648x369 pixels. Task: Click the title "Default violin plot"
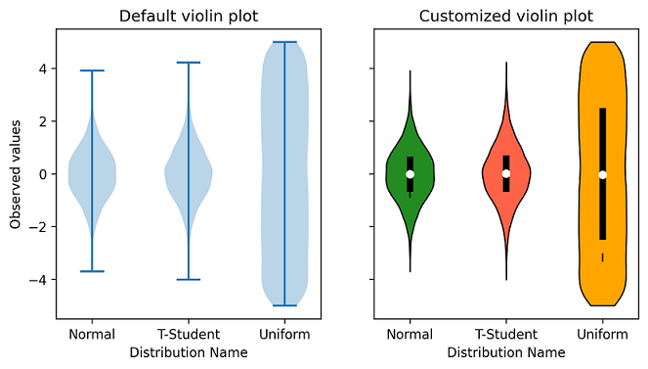189,16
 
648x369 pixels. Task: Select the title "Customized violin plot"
505,16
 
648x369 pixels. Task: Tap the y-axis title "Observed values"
17,174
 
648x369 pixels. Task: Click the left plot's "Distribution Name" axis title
189,351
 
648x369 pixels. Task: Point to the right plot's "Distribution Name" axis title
505,351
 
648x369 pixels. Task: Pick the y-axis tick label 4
42,69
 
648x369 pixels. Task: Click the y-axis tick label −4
39,280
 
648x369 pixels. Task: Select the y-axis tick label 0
42,174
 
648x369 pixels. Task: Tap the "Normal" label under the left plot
93,335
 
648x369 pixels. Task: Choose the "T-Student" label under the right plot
505,335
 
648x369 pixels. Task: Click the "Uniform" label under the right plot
602,335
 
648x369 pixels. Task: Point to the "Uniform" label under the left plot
284,335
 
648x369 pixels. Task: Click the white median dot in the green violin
410,173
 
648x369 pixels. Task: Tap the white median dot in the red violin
506,173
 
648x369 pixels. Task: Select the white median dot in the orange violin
602,174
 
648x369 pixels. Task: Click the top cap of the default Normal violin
93,70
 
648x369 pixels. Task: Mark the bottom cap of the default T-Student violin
189,280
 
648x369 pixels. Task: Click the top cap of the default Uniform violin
284,42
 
